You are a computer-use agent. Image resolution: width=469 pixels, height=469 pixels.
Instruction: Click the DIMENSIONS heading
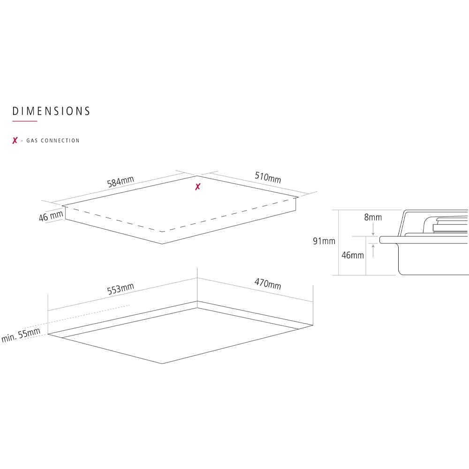coord(51,111)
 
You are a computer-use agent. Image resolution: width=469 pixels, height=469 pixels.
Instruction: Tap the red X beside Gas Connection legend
coord(15,140)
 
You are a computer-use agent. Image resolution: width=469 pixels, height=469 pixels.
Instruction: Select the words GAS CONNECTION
coord(53,141)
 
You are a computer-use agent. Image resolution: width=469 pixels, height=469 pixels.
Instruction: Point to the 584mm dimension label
coord(121,182)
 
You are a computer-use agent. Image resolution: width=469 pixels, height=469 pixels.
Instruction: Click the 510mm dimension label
coord(268,177)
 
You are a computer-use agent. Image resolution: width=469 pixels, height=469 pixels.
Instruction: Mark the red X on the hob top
coord(198,187)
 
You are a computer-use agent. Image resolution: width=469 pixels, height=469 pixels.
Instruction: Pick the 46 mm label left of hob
coord(51,216)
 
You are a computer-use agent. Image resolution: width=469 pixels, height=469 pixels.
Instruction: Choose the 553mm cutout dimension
coord(121,288)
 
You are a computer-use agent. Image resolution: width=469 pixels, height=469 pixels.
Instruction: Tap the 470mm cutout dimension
coord(268,284)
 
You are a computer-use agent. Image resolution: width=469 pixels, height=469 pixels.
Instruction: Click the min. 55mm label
coord(21,335)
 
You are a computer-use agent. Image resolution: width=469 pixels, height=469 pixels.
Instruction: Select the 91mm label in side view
coord(324,241)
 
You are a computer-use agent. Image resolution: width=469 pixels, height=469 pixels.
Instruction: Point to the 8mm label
coord(373,217)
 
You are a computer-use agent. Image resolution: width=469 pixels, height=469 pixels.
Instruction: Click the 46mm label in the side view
coord(353,255)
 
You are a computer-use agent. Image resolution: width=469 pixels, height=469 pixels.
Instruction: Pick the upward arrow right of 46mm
coord(373,251)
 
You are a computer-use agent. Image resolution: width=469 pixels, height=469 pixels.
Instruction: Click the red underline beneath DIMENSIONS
coord(24,121)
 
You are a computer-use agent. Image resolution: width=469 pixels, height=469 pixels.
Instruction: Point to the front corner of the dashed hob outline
coord(162,232)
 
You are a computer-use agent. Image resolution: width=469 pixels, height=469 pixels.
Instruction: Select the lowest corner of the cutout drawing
coord(162,363)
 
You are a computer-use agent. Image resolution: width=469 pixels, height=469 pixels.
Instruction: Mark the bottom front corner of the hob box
coord(162,244)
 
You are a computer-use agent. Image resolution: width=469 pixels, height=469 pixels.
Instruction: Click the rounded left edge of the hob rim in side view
coord(380,240)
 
